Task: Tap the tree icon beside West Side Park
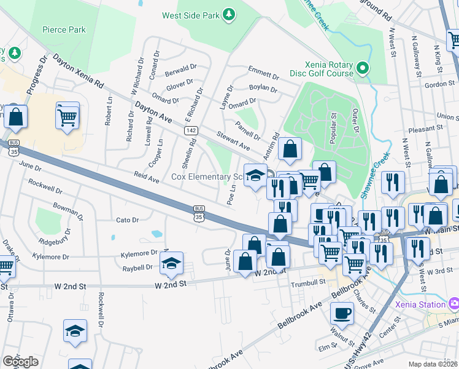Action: (x=228, y=13)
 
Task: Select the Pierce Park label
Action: (x=64, y=30)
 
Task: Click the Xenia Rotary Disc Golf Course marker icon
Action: (x=363, y=68)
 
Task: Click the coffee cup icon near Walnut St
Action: (x=342, y=313)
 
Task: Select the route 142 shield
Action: (x=191, y=130)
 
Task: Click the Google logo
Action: (x=21, y=361)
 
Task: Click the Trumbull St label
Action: (x=309, y=282)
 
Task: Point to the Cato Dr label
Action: (x=128, y=220)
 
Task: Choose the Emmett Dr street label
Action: (x=263, y=73)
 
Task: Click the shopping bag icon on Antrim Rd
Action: (x=290, y=148)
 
